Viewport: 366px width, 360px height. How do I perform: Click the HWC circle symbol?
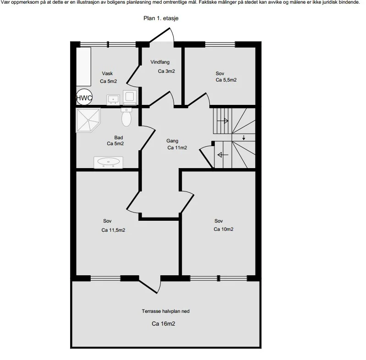[x=84, y=98]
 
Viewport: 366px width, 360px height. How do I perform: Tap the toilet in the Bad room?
[x=126, y=117]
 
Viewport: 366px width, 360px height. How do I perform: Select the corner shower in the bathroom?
[x=88, y=120]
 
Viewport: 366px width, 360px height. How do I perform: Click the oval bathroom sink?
[x=108, y=162]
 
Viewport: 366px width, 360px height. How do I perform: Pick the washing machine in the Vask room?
[x=130, y=97]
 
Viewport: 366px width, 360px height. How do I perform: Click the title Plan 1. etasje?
[x=161, y=18]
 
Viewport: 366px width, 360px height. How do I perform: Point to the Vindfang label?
[x=160, y=62]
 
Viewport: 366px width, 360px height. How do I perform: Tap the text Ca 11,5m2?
[x=113, y=230]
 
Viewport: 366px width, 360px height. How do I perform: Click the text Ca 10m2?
[x=224, y=229]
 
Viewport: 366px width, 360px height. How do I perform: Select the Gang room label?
[x=172, y=141]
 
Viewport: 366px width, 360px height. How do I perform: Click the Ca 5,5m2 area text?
[x=226, y=80]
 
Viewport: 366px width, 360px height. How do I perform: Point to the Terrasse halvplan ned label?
[x=166, y=311]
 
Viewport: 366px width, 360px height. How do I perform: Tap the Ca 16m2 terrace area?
[x=164, y=323]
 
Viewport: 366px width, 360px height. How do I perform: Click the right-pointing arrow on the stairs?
[x=223, y=121]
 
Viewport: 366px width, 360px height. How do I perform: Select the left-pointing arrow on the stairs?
[x=223, y=154]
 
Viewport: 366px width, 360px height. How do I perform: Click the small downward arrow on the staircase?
[x=244, y=137]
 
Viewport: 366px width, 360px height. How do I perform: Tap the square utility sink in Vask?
[x=113, y=100]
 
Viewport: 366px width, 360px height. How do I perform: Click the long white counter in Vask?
[x=83, y=67]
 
